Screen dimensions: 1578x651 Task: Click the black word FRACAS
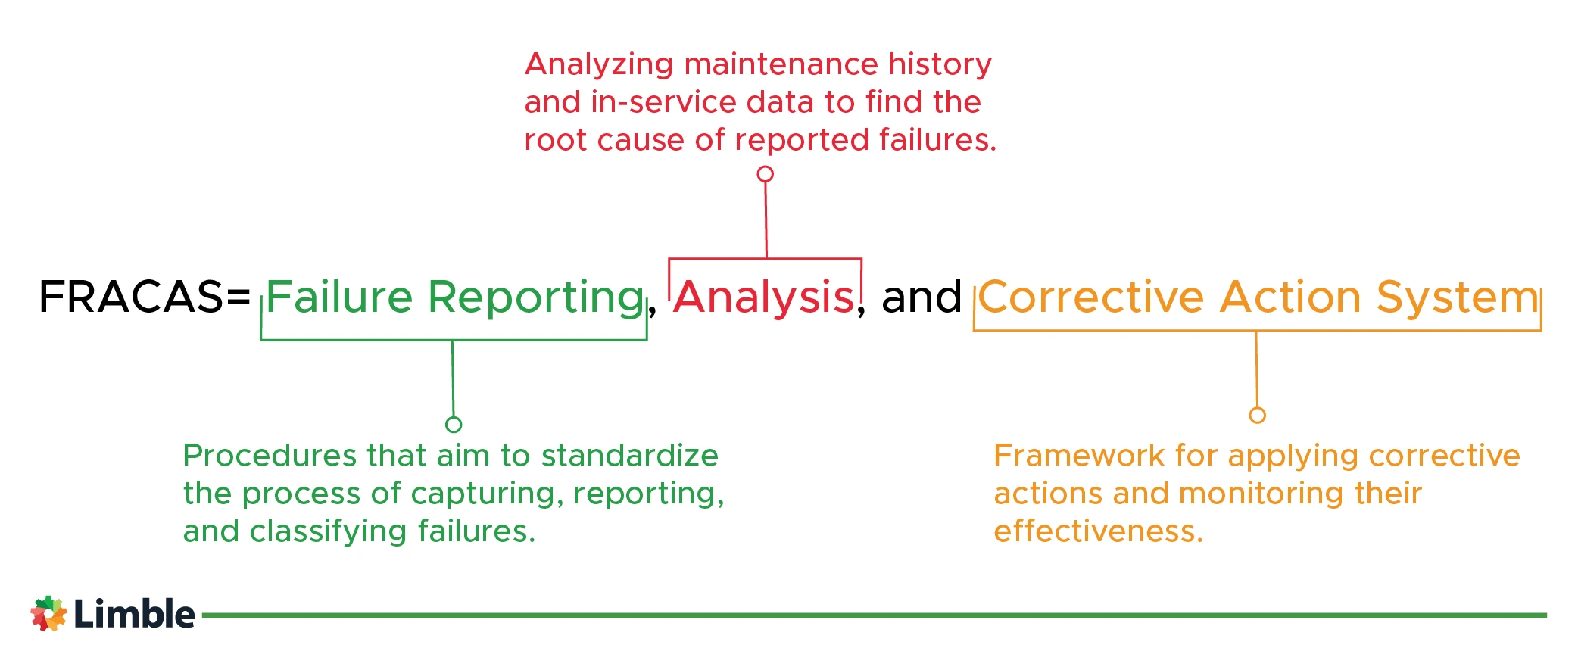tap(131, 297)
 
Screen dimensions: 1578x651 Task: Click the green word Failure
tap(339, 297)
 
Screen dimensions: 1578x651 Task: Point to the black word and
tap(922, 297)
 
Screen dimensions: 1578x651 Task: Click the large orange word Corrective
tap(1091, 297)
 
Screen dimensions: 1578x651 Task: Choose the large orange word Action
tap(1290, 297)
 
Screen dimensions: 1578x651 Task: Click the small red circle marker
tap(766, 174)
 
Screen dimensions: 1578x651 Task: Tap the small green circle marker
tap(454, 425)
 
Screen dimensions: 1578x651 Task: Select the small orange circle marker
tap(1258, 415)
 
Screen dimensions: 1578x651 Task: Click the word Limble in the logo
tap(135, 614)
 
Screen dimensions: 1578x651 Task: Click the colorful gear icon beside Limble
tap(48, 613)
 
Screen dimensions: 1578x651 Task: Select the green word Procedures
tap(270, 456)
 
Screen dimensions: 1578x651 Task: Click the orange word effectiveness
tap(1098, 531)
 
